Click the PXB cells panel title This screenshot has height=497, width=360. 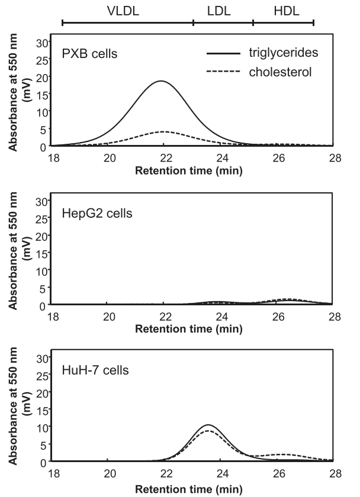coord(90,54)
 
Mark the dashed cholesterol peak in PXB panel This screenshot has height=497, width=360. coord(164,131)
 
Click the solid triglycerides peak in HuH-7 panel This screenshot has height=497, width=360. coord(207,425)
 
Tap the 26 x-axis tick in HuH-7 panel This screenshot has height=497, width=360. coord(278,473)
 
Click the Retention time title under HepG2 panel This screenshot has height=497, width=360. coord(188,330)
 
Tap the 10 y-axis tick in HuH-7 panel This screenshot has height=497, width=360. coord(41,426)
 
